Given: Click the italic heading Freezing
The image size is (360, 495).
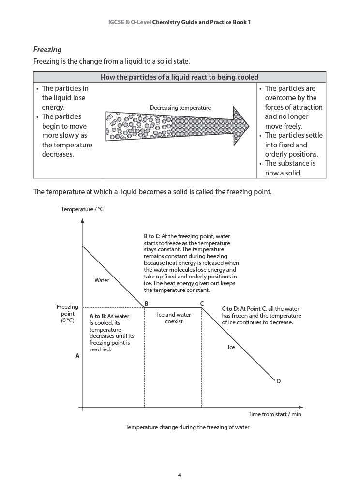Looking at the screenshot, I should (x=47, y=49).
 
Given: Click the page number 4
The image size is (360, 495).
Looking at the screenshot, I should (x=180, y=475).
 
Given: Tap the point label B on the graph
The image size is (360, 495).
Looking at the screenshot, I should (x=146, y=304).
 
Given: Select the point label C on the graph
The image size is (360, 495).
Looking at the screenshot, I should (x=202, y=304).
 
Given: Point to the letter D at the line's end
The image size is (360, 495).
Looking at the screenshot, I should (x=278, y=381).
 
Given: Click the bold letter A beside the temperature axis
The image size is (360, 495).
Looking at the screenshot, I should (x=77, y=356).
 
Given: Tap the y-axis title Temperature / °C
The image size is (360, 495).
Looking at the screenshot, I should (x=82, y=209).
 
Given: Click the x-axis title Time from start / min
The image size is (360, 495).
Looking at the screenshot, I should (x=275, y=414).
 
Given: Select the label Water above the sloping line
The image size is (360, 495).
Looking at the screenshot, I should (x=102, y=280).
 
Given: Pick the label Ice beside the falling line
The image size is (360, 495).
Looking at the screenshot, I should (x=231, y=347).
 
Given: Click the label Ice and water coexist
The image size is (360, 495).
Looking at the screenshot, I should (x=174, y=318).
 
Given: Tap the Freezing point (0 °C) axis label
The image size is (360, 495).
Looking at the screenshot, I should (x=67, y=313).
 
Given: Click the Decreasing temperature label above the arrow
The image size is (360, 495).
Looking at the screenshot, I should (x=180, y=108).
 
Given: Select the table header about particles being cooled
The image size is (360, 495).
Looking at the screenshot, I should (x=180, y=77).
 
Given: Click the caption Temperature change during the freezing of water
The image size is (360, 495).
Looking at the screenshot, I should (x=187, y=427).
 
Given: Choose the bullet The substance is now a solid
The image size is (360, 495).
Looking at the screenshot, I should (x=289, y=168).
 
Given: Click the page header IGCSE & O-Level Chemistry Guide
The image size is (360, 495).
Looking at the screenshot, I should (x=180, y=22).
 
